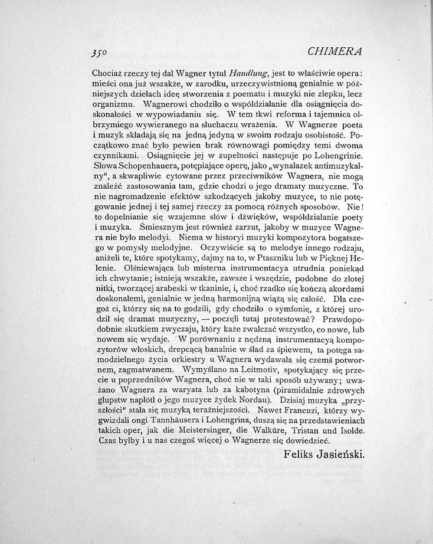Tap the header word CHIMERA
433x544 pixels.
[334, 51]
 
